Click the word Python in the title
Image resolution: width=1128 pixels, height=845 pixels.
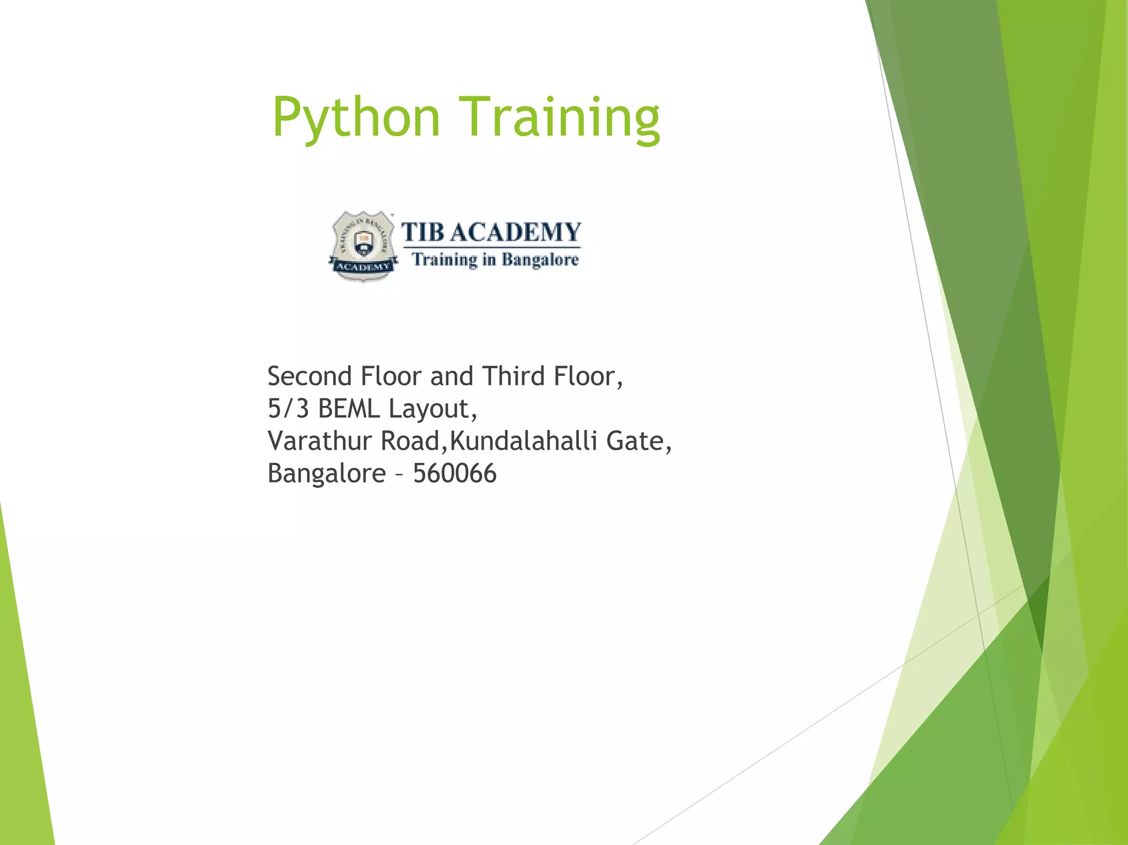tap(356, 118)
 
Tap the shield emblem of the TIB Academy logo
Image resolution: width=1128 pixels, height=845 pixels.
tap(363, 246)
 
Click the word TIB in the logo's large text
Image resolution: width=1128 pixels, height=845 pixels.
tap(422, 232)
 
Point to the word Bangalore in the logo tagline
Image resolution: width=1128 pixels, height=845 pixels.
tap(540, 259)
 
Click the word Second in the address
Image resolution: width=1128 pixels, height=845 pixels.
tap(310, 377)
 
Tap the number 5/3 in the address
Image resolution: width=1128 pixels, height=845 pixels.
tap(288, 409)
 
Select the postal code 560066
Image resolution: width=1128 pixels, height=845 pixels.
tap(455, 474)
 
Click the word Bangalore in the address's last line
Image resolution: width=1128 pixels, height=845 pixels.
tap(327, 474)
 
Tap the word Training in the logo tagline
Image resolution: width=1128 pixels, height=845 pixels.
tap(445, 259)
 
